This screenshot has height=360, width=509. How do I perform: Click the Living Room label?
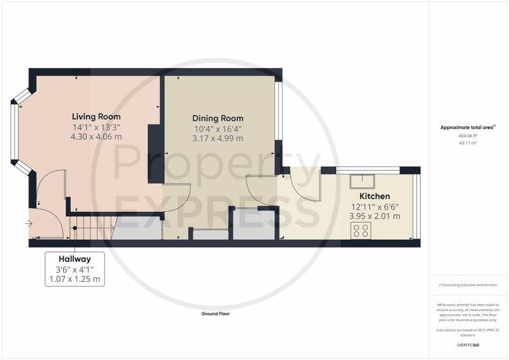click(96, 116)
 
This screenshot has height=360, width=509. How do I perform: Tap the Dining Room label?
click(218, 118)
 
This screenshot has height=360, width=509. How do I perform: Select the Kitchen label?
click(375, 196)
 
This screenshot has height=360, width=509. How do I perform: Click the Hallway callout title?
click(74, 259)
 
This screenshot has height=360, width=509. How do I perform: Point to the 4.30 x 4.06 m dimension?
click(96, 137)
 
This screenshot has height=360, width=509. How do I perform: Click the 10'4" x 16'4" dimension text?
click(218, 129)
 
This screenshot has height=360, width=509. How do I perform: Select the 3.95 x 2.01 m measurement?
click(375, 216)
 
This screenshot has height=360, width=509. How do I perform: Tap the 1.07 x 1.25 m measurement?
click(74, 279)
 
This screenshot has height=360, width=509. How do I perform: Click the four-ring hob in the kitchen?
click(361, 230)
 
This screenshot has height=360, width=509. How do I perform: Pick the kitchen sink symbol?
click(362, 181)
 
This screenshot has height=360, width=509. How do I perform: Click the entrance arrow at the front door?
click(29, 224)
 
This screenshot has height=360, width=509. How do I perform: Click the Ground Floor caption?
click(216, 314)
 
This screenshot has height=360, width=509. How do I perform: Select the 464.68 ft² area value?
click(468, 135)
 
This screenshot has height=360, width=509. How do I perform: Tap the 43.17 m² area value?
click(468, 143)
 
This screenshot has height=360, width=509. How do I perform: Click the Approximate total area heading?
click(468, 128)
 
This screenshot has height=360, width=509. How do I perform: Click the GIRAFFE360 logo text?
click(468, 345)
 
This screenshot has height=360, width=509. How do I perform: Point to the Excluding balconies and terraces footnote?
click(468, 285)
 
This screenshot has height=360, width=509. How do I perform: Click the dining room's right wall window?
click(279, 111)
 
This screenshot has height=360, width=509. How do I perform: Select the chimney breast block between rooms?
click(156, 153)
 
